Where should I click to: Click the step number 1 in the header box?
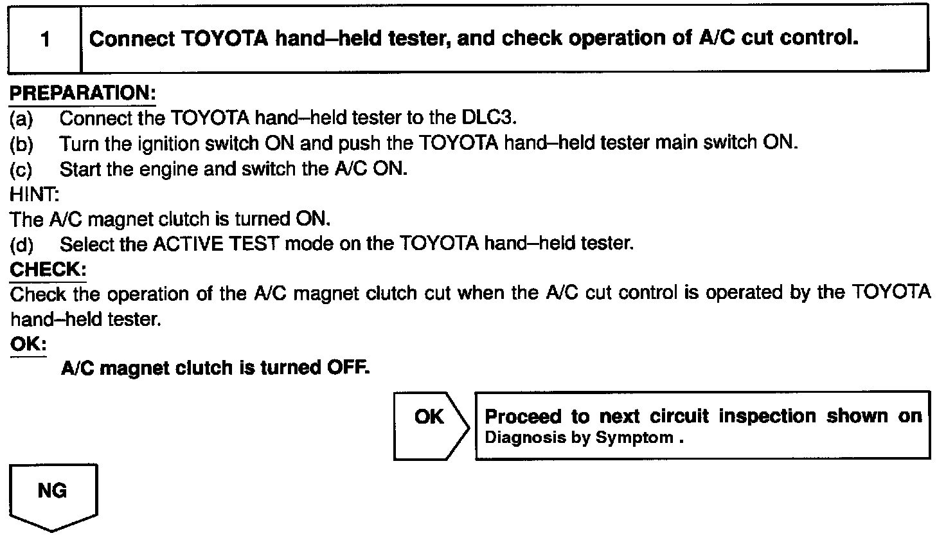44,40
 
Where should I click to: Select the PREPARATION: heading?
82,93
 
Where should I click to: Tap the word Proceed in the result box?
522,417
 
